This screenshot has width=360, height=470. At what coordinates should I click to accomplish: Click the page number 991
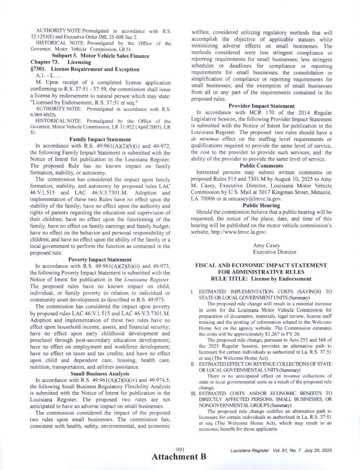pos(180,449)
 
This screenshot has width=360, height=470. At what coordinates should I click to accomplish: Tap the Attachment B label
pos(178,457)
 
